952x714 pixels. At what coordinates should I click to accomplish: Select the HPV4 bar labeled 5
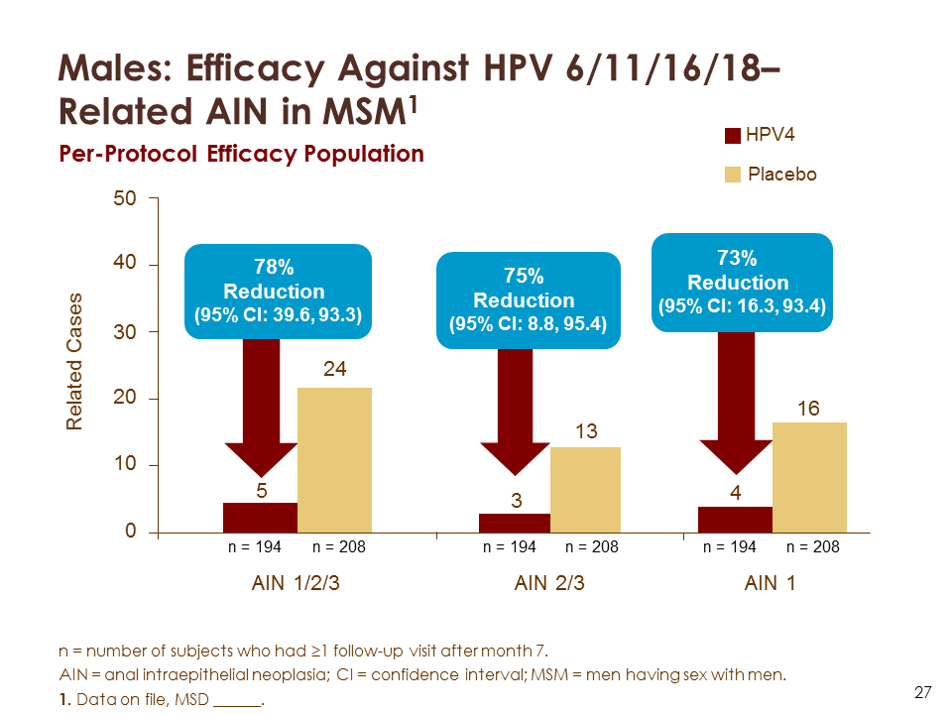coord(260,518)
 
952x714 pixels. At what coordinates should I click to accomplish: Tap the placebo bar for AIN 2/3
coord(585,490)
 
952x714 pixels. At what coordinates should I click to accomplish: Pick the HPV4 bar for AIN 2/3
coord(514,523)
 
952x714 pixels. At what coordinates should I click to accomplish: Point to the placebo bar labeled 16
coord(809,477)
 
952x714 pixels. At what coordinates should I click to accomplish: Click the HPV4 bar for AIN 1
coord(735,520)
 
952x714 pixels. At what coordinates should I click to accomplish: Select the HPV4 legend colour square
coord(734,137)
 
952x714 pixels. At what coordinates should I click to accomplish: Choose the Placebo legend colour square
coord(734,175)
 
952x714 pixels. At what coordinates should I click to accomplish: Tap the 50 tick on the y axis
coord(125,198)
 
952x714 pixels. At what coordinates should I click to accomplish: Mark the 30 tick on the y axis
coord(125,332)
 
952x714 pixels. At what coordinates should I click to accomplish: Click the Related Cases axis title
coord(75,362)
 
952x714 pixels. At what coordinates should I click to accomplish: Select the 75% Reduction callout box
coord(529,299)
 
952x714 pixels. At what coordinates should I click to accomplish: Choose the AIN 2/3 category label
coord(549,584)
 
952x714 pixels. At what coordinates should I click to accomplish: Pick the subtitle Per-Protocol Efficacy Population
coord(241,155)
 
